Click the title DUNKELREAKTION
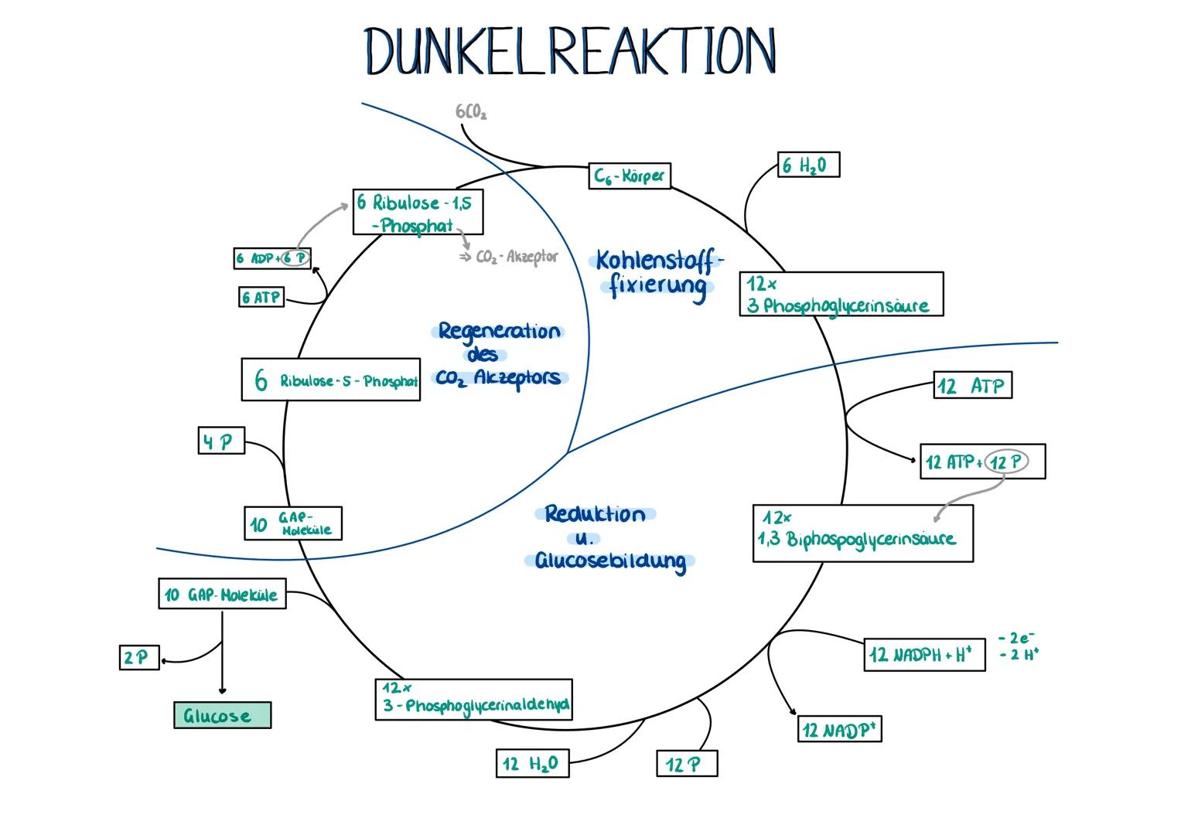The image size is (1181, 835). coord(571,52)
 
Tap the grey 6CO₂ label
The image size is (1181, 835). coord(471,113)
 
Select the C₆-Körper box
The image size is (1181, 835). coord(629,176)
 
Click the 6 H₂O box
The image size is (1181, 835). coord(807,165)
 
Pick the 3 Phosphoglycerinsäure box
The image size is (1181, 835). coord(841,295)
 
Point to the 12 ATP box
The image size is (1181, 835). coord(972,386)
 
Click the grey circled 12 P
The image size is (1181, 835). coord(1005,462)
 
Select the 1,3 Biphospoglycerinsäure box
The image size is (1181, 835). coord(862,533)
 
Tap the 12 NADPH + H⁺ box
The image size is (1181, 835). coord(923,655)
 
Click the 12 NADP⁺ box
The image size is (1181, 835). coord(839,729)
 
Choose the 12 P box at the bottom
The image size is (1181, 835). coord(686,764)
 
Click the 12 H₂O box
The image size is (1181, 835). coord(532,764)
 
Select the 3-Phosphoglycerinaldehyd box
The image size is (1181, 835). coord(473,700)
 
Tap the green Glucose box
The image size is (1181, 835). coord(222,715)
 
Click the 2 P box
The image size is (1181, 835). coord(139,658)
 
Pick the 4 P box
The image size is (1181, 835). coord(220,442)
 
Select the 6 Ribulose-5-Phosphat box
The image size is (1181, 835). coord(330,380)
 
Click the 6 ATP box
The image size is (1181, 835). coord(261,298)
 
